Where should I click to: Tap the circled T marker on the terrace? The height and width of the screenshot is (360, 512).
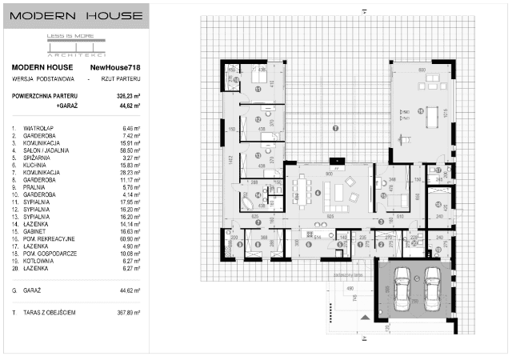[335, 128]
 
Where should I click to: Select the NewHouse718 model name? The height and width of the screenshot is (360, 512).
[118, 68]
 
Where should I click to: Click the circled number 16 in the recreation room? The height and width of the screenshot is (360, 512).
[420, 111]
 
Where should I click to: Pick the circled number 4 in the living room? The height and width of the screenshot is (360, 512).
[318, 192]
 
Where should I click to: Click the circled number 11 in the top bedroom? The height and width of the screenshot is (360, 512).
[258, 90]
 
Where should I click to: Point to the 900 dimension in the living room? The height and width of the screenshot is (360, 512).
[330, 174]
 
